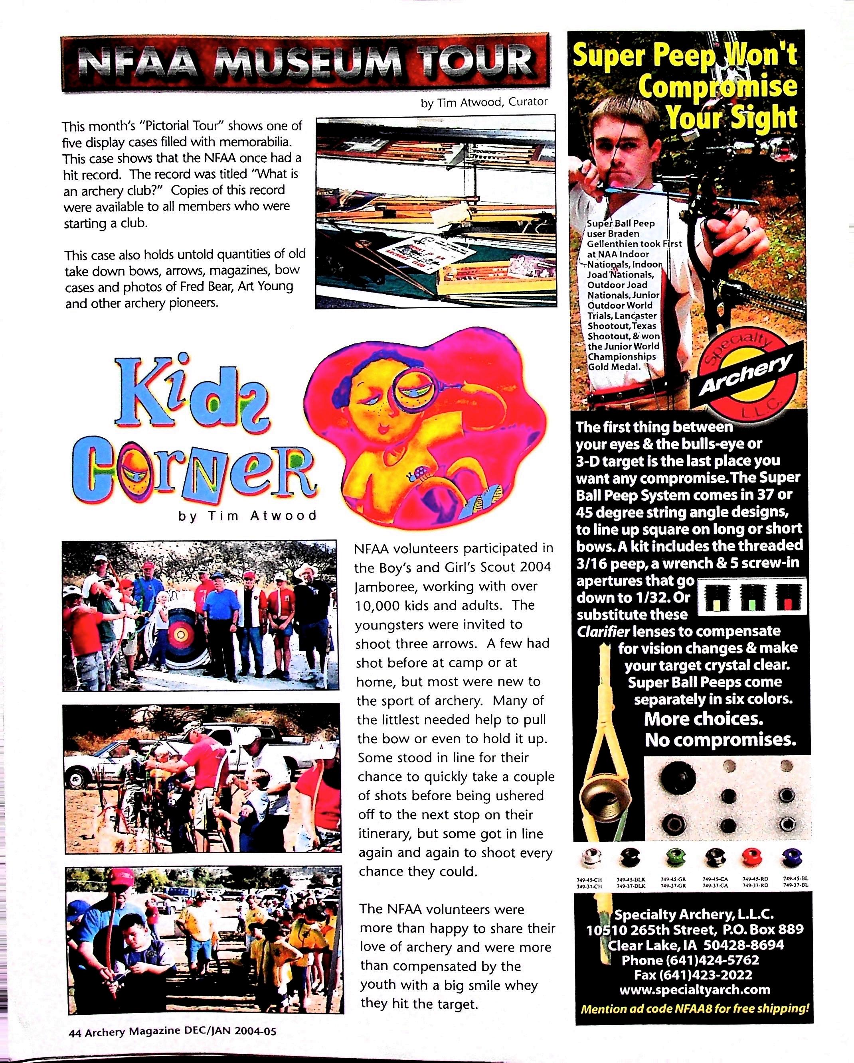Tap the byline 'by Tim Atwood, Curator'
pyautogui.click(x=484, y=102)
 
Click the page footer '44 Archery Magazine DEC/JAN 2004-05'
pyautogui.click(x=173, y=1032)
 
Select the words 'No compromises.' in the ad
pyautogui.click(x=720, y=740)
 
